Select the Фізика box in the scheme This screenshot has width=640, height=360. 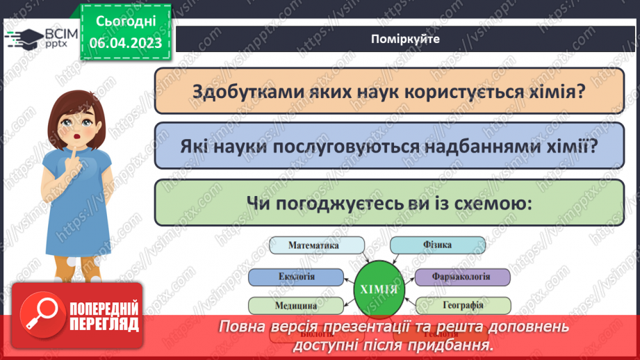(x=436, y=245)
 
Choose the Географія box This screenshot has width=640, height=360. (x=463, y=304)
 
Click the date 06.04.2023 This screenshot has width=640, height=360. (x=125, y=43)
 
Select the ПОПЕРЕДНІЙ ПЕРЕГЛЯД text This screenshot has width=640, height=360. (x=103, y=316)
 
